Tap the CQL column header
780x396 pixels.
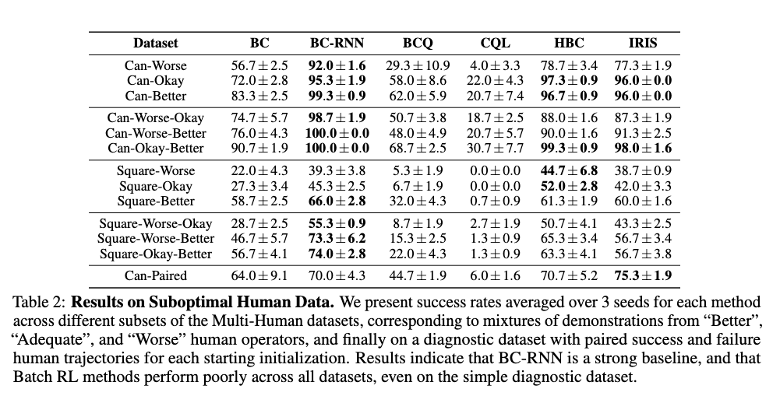pos(496,44)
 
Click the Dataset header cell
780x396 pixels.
pos(156,44)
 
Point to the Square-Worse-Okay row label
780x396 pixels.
pos(156,224)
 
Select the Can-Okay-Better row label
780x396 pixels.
pos(156,148)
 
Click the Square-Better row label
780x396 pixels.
pos(156,201)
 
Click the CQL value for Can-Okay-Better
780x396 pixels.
pos(496,148)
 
